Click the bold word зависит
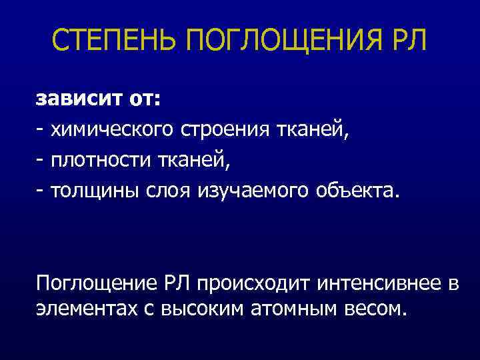(77, 100)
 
